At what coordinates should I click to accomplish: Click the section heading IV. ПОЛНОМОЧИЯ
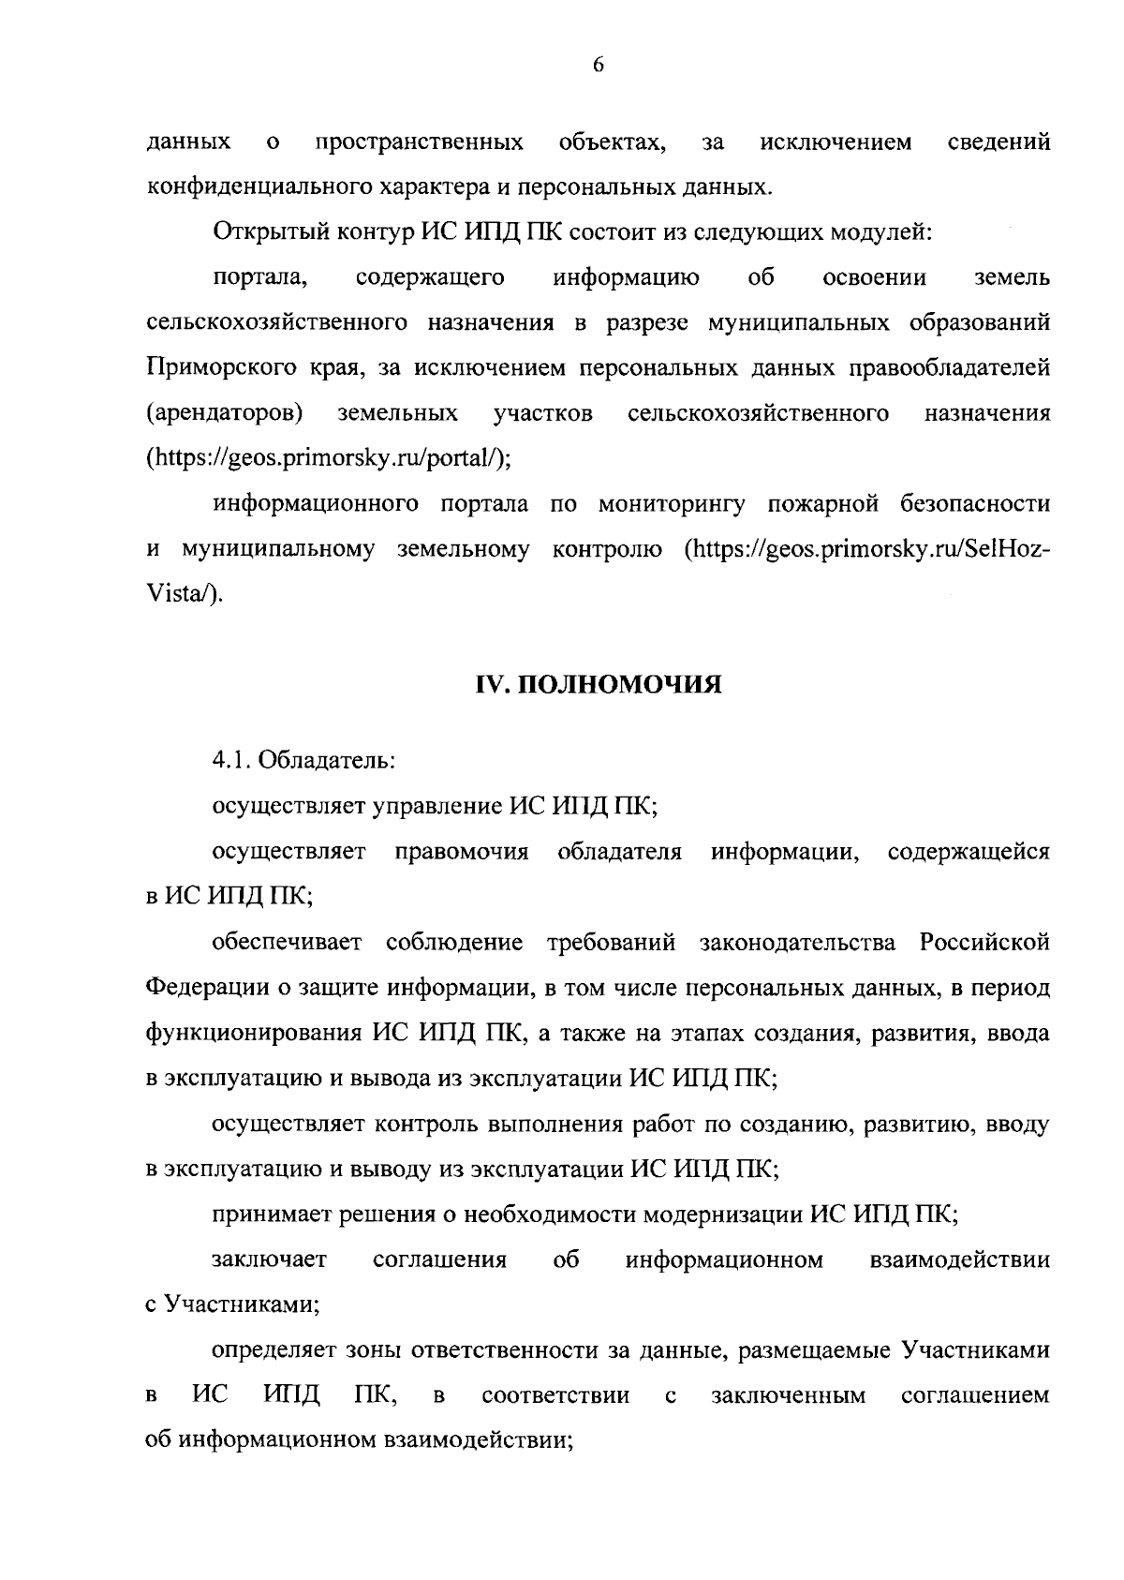coord(599,685)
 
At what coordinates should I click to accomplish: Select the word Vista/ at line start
coord(185,594)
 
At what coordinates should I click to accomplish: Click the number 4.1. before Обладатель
coord(230,760)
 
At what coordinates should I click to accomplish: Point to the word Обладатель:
coord(327,760)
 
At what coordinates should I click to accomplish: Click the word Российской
coord(984,942)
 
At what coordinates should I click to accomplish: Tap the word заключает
coord(269,1260)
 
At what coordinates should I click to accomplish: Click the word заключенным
coord(788,1396)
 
